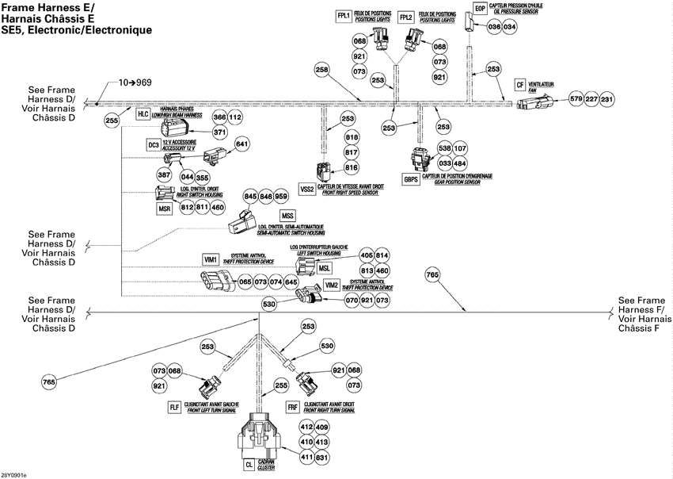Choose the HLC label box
tap(143, 114)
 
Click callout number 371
tap(220, 132)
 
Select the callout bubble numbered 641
tap(241, 144)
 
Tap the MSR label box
tap(165, 208)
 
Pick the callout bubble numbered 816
tap(352, 167)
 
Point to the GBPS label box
tap(411, 179)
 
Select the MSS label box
tap(287, 216)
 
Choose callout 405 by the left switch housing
tap(366, 255)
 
